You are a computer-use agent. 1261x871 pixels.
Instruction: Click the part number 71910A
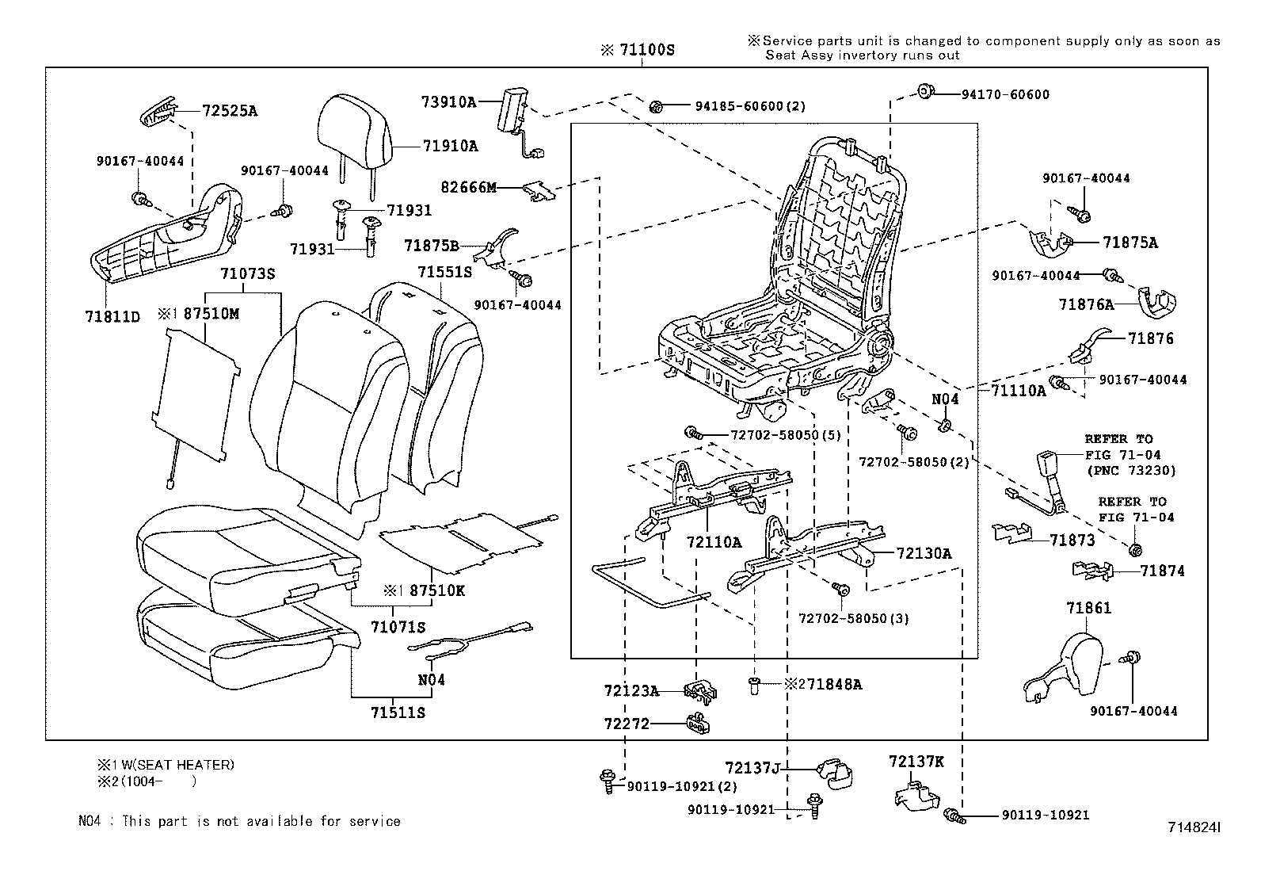(x=450, y=146)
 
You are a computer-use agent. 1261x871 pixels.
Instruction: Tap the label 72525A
(x=230, y=111)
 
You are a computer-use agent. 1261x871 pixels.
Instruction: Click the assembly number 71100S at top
(x=646, y=50)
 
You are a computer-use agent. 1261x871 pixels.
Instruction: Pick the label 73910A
(x=448, y=101)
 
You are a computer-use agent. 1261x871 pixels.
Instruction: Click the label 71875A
(x=1130, y=243)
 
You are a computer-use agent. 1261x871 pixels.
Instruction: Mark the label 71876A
(x=1086, y=304)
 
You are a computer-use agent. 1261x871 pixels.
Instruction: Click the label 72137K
(x=916, y=762)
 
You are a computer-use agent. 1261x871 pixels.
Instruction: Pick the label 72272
(x=626, y=723)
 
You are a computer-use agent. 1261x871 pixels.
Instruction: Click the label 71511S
(x=398, y=712)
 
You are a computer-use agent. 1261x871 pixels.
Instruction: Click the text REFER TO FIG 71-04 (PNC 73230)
(x=1130, y=455)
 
